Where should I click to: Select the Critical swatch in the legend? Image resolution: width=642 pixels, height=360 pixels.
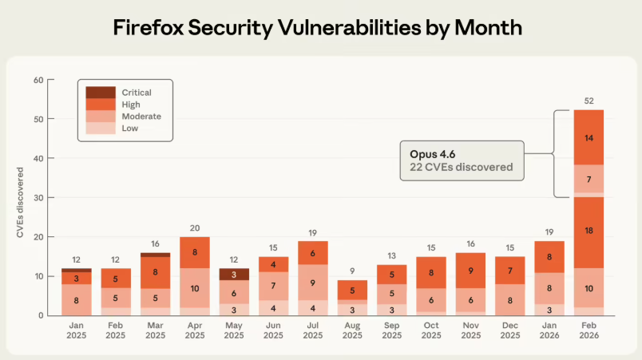[x=99, y=93]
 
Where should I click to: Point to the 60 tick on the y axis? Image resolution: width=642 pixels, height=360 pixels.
[x=38, y=80]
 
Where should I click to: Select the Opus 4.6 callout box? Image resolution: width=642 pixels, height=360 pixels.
[x=462, y=160]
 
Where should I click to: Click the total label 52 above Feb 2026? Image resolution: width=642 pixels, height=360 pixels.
[x=588, y=100]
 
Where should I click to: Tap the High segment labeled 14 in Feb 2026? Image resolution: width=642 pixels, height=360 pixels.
[x=588, y=137]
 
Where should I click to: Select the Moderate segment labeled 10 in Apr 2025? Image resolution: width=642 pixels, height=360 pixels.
[x=195, y=287]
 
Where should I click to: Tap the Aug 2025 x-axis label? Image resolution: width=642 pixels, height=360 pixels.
[x=352, y=330]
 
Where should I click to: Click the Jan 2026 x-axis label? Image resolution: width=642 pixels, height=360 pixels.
[x=549, y=330]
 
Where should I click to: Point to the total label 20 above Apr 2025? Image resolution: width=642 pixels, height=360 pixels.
[x=195, y=227]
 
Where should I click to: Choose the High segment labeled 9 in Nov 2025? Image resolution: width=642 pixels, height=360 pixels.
[x=470, y=271]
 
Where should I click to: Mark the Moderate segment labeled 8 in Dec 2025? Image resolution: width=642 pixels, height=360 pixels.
[x=509, y=300]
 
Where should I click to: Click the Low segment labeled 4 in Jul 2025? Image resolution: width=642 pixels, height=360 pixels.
[x=313, y=307]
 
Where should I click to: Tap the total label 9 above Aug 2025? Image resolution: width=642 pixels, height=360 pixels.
[x=352, y=271]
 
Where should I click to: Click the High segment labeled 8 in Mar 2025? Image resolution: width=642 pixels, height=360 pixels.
[x=156, y=272]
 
